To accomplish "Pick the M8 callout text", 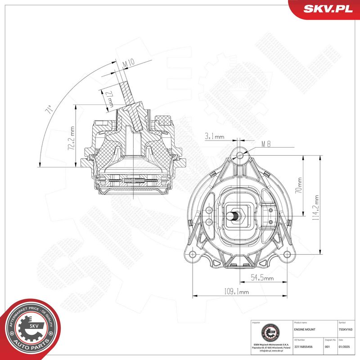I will point(266,145).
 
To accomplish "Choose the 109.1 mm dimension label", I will point(236,292).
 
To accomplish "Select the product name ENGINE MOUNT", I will point(304,330).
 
